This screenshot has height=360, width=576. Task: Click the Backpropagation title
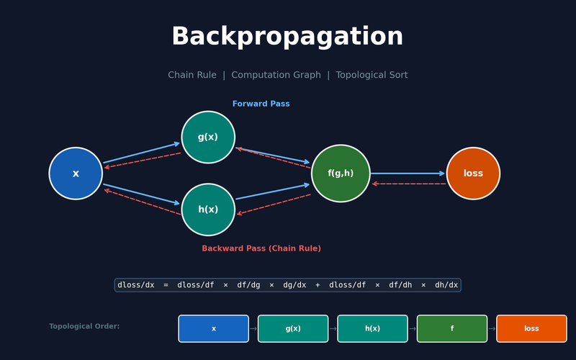click(x=287, y=37)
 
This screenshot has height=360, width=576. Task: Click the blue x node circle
click(x=76, y=174)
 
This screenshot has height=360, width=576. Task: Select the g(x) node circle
click(x=208, y=137)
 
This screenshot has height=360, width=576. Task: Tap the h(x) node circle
click(x=208, y=210)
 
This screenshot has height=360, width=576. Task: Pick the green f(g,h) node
click(x=341, y=174)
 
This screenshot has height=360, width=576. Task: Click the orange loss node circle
click(x=473, y=174)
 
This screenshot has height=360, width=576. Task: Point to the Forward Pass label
click(x=261, y=104)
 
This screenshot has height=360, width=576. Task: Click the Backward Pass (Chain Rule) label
click(x=261, y=248)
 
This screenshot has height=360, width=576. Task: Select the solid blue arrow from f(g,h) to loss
click(x=408, y=173)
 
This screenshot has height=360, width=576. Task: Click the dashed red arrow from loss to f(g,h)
click(x=408, y=184)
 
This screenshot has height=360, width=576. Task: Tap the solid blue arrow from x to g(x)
click(x=141, y=153)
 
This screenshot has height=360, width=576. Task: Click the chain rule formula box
click(x=287, y=285)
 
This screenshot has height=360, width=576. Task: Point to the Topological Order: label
click(x=84, y=326)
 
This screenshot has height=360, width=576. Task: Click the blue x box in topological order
click(x=213, y=328)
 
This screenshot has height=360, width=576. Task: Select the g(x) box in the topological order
click(x=293, y=328)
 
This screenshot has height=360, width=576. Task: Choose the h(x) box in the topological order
click(x=372, y=328)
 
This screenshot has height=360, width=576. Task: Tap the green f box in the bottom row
click(x=452, y=328)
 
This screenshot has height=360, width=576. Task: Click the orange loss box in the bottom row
click(x=531, y=328)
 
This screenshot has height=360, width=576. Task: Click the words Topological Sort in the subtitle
click(x=372, y=75)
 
